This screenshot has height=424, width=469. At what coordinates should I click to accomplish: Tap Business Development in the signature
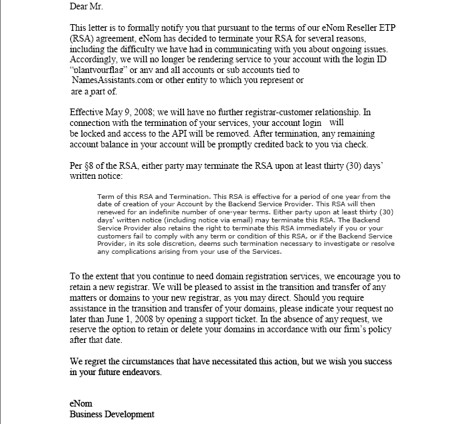click(112, 414)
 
